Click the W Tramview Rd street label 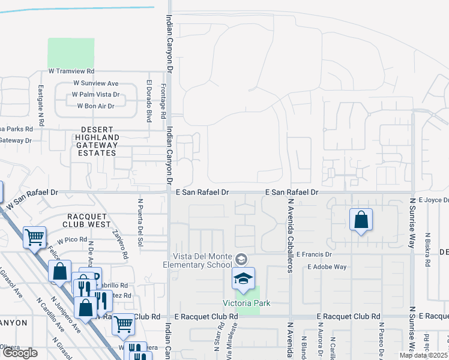(71, 71)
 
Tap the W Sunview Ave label (95, 83)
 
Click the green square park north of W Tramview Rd (71, 53)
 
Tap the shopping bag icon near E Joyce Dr (361, 220)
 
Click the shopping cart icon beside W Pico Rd (35, 237)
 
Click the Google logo (20, 353)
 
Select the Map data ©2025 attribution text (423, 355)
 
